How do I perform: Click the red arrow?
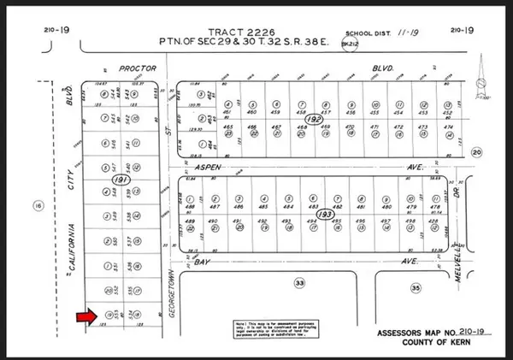(86, 318)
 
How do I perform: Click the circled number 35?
(416, 289)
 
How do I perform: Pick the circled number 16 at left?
(36, 205)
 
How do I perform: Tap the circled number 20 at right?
(477, 151)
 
